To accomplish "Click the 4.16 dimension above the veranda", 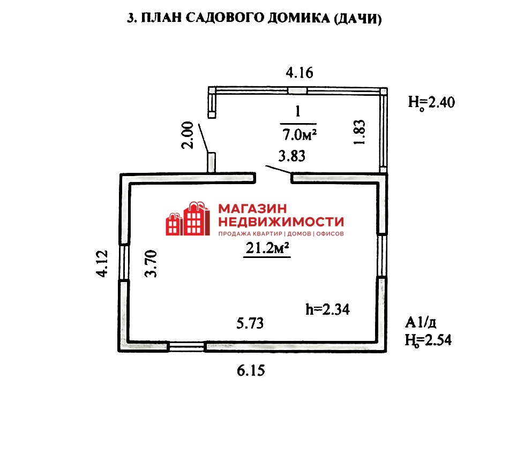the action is [x=300, y=73].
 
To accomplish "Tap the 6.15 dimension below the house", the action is [x=251, y=370].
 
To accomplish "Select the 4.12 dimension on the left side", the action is [x=102, y=263].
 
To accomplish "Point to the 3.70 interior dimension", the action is [x=151, y=263].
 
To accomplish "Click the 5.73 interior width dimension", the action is [x=250, y=323].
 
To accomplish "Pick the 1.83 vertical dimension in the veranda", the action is [x=360, y=132].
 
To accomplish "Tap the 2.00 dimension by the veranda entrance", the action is [x=188, y=135].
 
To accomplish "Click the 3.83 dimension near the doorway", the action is [x=292, y=156].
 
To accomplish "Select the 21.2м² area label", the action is [x=267, y=248].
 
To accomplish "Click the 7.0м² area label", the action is [x=300, y=134].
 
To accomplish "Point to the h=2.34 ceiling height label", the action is [x=327, y=309].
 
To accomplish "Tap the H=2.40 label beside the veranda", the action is [x=431, y=102].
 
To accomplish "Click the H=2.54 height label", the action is [x=428, y=340].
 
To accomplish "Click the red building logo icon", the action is [x=188, y=218].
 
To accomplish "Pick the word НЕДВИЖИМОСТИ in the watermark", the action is [x=281, y=222].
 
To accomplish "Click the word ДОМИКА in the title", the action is [x=298, y=18].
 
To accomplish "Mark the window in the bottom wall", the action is [x=186, y=346].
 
